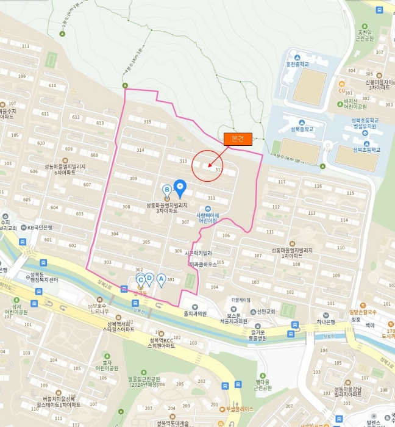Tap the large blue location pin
coord(180,187)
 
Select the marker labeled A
coord(161,279)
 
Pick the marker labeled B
coord(166,190)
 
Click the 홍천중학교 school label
coord(297,64)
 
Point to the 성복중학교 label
coord(301,129)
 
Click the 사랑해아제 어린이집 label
coord(207,218)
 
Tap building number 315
coord(147,122)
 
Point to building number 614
coord(52,86)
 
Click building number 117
coord(282,182)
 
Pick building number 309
coord(133,179)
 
